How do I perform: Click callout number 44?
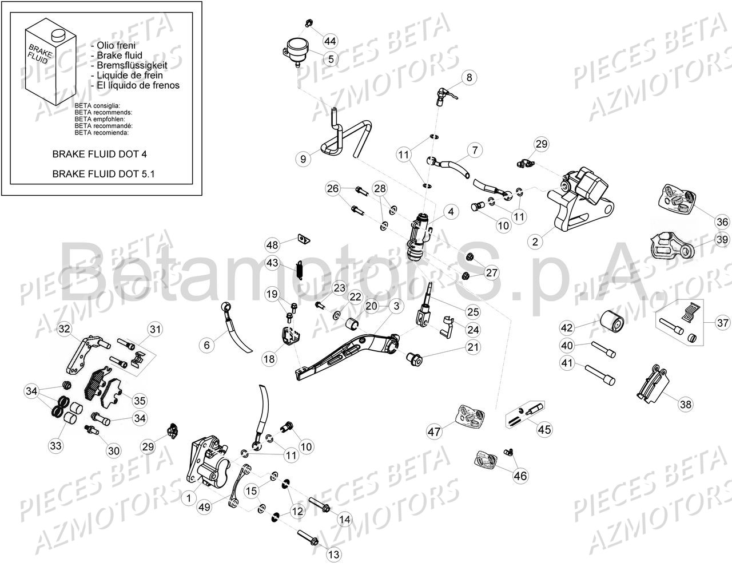pyautogui.click(x=330, y=41)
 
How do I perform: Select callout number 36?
pyautogui.click(x=722, y=223)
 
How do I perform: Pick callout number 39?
pyautogui.click(x=722, y=240)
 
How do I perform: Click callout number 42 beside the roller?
pyautogui.click(x=566, y=328)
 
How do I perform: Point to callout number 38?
pyautogui.click(x=685, y=404)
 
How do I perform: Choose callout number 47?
pyautogui.click(x=435, y=431)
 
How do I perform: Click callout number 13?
pyautogui.click(x=333, y=554)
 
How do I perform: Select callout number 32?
pyautogui.click(x=64, y=328)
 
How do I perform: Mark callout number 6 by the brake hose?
pyautogui.click(x=207, y=345)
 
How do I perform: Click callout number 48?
pyautogui.click(x=272, y=245)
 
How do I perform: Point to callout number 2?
pyautogui.click(x=535, y=242)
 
